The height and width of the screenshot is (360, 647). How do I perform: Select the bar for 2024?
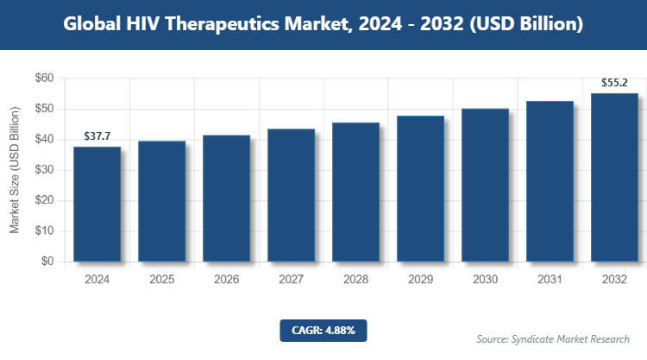pos(97,204)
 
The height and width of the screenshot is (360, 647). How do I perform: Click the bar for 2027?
pos(291,195)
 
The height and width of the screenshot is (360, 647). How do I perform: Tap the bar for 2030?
pos(485,185)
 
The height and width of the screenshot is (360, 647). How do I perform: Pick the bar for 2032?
pos(614,177)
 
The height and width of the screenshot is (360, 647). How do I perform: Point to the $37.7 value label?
pos(97,136)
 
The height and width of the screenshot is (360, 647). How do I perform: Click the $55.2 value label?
pos(614,84)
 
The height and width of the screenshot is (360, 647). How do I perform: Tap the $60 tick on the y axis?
pos(44,79)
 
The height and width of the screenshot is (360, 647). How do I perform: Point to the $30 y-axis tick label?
pos(44,170)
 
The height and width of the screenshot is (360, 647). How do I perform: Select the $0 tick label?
pos(47,262)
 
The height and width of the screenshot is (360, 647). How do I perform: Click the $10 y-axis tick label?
pos(44,231)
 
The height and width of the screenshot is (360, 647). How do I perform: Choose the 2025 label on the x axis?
pos(161,281)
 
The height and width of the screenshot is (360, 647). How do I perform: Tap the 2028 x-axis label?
pos(355,281)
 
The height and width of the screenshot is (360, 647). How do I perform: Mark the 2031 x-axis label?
pos(550,281)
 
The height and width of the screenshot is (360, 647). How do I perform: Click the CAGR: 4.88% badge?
pos(323,330)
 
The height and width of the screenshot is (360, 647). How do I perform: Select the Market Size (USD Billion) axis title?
pos(15,170)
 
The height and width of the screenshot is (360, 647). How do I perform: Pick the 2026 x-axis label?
pos(226,281)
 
